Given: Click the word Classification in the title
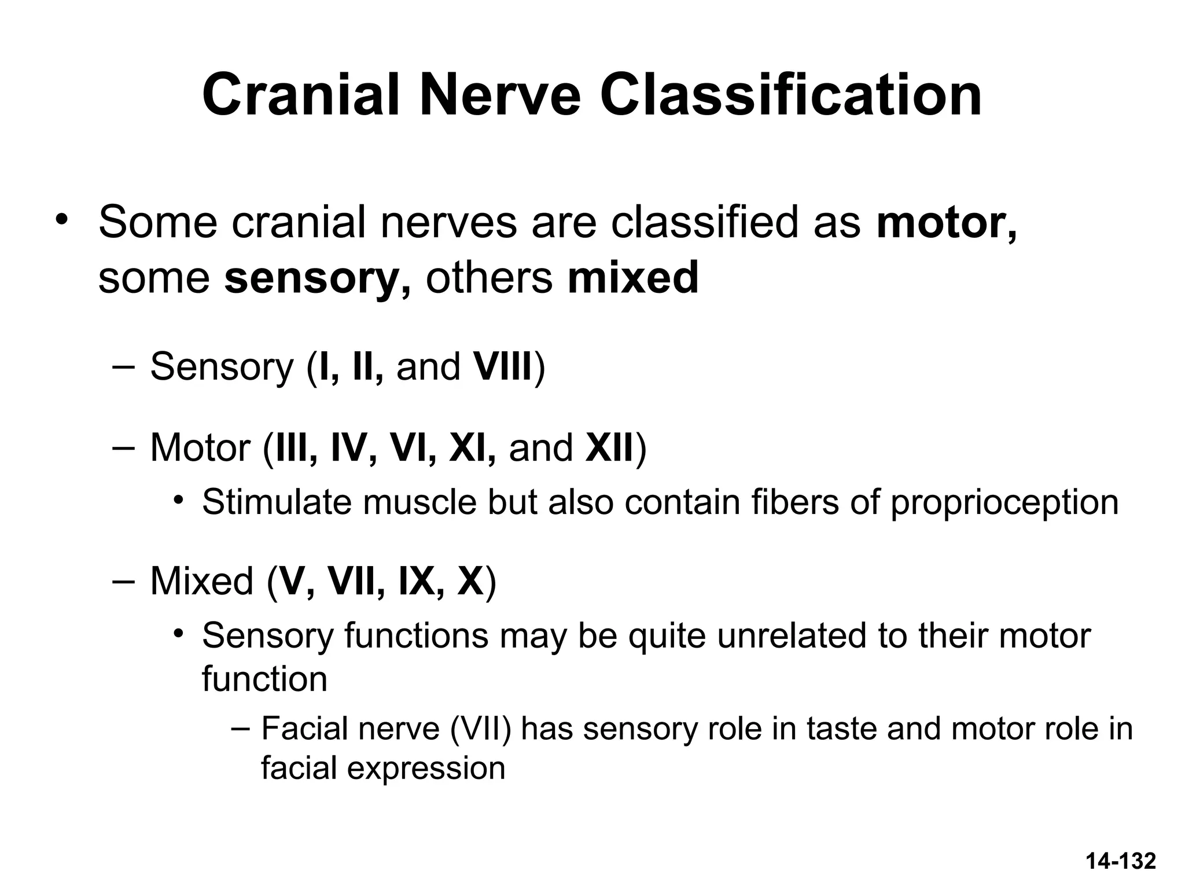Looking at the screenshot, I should coord(790,95).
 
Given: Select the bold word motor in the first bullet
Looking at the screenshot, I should coord(945,223).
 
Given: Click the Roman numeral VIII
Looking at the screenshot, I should coord(503,367).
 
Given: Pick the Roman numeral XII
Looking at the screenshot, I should coord(610,448).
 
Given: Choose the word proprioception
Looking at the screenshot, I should coord(1004,502).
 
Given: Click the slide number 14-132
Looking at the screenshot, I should coord(1121,861).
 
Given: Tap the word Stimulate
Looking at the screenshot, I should coord(277,502).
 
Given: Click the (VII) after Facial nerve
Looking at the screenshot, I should coord(480,728).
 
